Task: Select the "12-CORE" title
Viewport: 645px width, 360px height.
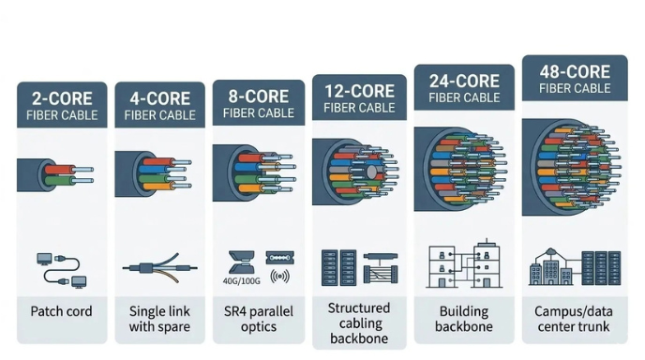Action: pos(360,90)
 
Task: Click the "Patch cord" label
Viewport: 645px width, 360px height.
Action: pos(61,311)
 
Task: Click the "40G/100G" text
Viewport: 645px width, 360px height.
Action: pos(240,277)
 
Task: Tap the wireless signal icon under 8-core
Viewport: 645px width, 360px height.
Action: pos(279,277)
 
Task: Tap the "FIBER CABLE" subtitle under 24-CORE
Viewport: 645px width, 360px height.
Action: pos(463,97)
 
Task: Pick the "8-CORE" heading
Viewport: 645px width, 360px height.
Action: pos(258,96)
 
